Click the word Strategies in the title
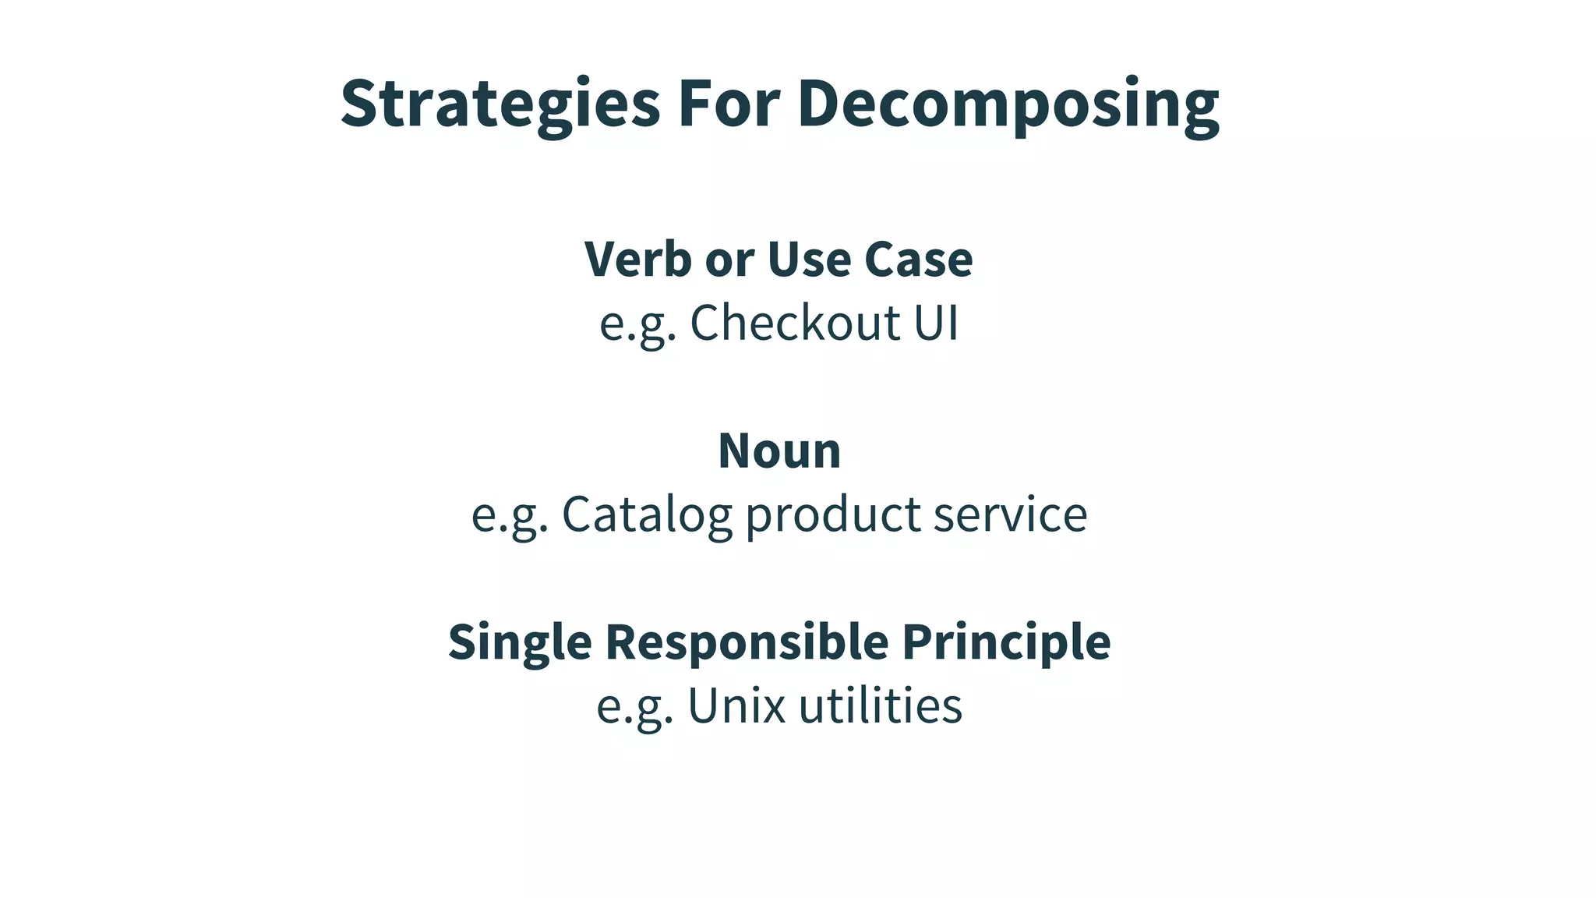point(500,104)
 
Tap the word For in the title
point(729,104)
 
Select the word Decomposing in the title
point(1008,105)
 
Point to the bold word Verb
point(637,259)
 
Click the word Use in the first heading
point(809,259)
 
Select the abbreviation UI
point(936,322)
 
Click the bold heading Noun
point(779,451)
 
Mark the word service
point(1010,514)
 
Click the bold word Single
point(520,642)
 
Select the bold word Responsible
point(747,642)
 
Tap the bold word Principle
point(1006,642)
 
